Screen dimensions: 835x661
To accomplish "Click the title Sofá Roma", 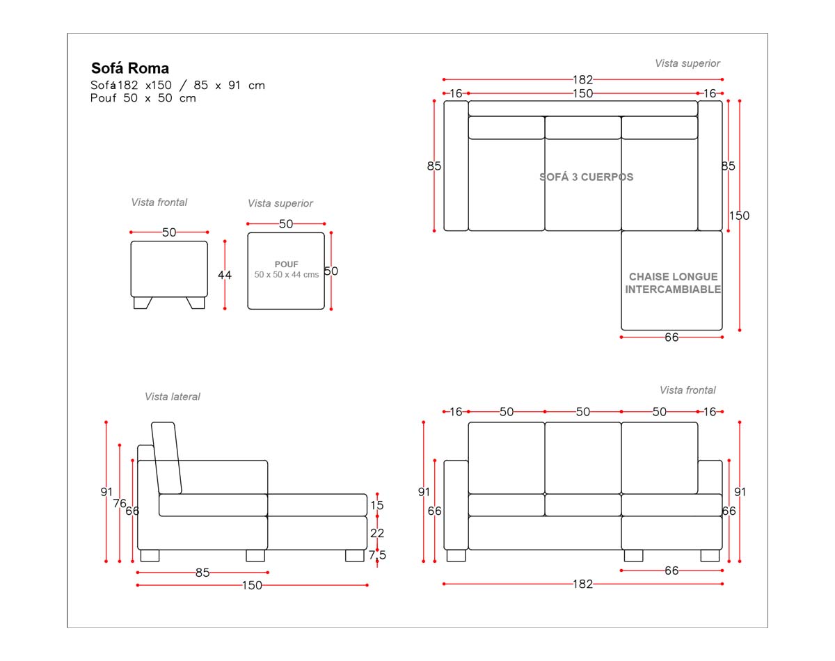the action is point(130,68).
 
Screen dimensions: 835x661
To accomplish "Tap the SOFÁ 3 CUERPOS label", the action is point(586,177).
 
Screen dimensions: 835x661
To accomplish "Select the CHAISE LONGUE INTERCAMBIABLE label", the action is point(673,283).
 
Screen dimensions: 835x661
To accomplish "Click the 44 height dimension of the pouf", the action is point(225,275).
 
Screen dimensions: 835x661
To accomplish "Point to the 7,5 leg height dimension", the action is point(377,555).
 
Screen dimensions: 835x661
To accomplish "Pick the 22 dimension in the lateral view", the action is point(376,533).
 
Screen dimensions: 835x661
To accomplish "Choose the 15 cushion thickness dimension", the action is point(376,505).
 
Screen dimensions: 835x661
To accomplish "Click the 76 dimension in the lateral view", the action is point(120,503).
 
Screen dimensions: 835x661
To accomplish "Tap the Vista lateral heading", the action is point(173,397).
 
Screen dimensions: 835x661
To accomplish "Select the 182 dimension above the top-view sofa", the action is point(583,79).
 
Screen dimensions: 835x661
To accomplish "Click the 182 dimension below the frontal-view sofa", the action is point(583,584).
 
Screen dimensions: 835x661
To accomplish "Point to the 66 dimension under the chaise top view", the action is point(671,337).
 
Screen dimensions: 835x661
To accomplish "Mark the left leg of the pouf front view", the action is point(142,303).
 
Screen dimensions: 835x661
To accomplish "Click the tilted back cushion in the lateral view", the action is point(166,458).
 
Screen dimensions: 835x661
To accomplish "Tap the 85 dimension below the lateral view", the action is point(202,573).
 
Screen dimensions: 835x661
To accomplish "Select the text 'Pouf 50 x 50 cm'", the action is point(143,98).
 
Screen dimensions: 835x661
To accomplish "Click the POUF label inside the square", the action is point(287,264).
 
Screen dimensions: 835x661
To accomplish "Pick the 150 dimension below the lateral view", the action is point(252,585).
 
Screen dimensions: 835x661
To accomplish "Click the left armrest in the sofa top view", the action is point(456,166).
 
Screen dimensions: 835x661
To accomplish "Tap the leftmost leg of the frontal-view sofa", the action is point(456,555).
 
